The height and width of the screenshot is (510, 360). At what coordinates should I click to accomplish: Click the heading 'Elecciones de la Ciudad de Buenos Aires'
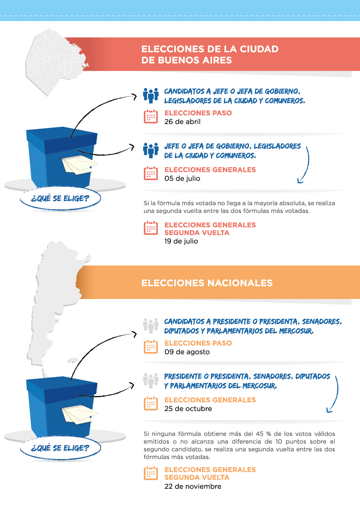[210, 55]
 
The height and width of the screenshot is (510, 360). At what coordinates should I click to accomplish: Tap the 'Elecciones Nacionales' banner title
[207, 283]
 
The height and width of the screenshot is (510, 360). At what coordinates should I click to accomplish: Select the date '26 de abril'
[182, 122]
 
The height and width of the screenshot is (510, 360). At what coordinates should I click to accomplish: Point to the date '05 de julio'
[182, 178]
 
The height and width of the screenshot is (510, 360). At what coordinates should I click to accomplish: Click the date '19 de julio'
[181, 241]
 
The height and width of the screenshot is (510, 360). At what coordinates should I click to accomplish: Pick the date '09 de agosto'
[187, 352]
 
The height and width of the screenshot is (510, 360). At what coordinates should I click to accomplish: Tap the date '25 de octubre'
[188, 408]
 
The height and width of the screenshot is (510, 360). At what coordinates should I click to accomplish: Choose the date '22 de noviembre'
[193, 486]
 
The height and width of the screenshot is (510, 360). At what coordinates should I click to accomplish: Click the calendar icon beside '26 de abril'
[151, 116]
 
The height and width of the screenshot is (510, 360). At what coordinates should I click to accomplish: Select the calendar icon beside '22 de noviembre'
[151, 473]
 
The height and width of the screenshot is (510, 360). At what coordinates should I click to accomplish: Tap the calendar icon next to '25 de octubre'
[151, 403]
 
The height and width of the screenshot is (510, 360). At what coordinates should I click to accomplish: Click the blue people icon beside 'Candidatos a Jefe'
[151, 95]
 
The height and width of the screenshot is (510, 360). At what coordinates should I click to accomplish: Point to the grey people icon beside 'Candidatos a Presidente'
[151, 326]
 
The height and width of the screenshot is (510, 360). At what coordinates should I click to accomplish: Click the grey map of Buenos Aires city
[55, 61]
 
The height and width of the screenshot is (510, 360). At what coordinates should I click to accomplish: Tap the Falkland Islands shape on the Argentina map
[73, 360]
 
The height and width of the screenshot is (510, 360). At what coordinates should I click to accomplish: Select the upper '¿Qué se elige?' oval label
[60, 198]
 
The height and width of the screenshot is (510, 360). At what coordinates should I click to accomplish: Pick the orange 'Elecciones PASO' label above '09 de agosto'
[198, 343]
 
